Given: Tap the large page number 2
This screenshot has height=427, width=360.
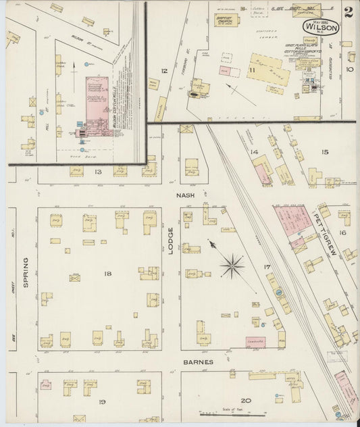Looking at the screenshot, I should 347,12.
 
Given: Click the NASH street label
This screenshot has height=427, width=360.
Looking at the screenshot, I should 185,195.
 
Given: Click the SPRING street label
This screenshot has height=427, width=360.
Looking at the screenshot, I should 27,272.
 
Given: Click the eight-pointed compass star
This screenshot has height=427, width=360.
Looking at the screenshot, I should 232,266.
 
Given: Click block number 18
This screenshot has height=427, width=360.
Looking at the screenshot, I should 107,273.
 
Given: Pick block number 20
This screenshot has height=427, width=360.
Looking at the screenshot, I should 246,401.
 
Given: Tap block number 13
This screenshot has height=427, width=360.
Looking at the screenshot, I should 98,172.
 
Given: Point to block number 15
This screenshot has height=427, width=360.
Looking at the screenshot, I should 325,152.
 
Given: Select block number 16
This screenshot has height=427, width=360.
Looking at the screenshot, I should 342,232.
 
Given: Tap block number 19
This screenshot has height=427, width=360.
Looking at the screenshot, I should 102,402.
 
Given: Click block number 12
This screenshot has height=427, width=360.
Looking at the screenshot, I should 163,70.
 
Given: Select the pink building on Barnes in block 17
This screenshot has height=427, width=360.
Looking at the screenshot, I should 255,342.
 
